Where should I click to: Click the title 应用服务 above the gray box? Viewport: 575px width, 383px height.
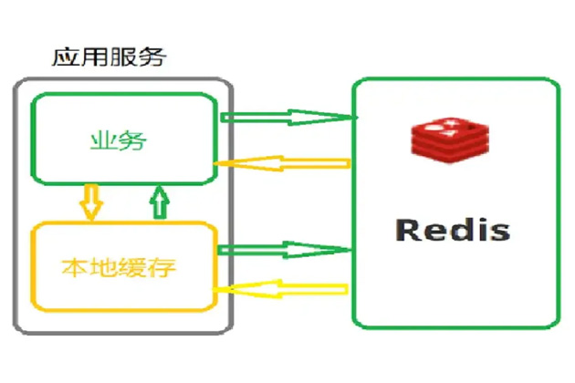(x=110, y=59)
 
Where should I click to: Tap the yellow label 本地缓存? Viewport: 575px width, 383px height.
(x=119, y=268)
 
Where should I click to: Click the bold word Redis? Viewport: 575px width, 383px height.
(x=453, y=229)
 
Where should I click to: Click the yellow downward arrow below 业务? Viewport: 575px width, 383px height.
(x=89, y=202)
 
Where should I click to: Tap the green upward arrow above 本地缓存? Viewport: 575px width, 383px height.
(x=161, y=202)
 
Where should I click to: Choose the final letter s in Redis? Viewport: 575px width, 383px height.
(x=499, y=231)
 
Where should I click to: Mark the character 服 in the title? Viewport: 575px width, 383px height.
(x=125, y=59)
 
